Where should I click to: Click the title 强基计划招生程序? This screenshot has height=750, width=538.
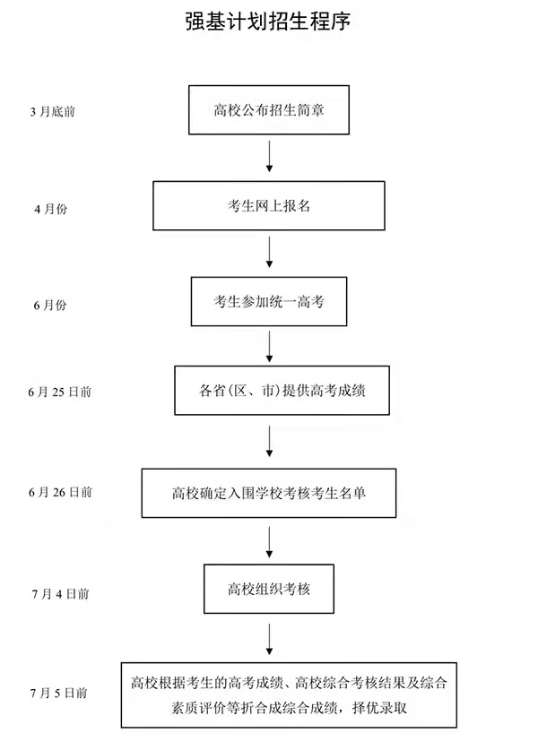(x=269, y=21)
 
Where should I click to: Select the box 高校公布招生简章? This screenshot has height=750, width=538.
(x=269, y=111)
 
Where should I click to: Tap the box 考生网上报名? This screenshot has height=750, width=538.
(x=269, y=206)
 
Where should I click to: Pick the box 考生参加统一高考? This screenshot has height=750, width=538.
(x=269, y=302)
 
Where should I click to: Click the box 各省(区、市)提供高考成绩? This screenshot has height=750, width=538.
(x=282, y=391)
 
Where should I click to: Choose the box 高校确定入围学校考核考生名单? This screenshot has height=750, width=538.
(x=269, y=492)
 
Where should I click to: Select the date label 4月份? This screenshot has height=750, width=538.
(x=50, y=209)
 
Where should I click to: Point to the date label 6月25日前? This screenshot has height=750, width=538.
(x=59, y=392)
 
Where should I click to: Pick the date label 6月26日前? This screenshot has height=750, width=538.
(x=59, y=492)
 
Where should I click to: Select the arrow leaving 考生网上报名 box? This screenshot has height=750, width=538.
(x=269, y=253)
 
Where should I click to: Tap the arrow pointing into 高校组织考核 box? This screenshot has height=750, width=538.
(x=269, y=540)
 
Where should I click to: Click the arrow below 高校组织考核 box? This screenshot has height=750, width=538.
(x=269, y=639)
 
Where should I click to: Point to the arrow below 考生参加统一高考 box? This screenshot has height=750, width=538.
(x=269, y=345)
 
